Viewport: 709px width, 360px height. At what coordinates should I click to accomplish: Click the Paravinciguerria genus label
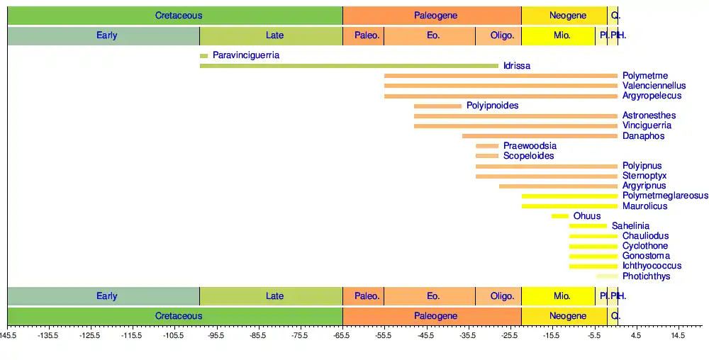245,55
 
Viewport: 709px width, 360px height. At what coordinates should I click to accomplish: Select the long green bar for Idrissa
349,66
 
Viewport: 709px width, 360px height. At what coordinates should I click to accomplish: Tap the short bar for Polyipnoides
437,106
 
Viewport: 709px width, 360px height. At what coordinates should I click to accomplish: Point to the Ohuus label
587,216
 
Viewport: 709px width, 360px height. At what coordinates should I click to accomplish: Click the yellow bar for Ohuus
560,216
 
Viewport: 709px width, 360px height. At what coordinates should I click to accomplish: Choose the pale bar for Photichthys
607,276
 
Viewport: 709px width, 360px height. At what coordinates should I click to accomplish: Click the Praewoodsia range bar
487,146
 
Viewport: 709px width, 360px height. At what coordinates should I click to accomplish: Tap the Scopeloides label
528,156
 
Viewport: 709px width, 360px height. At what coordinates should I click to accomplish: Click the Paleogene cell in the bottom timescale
432,315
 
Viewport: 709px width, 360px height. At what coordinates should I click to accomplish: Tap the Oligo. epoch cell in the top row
498,35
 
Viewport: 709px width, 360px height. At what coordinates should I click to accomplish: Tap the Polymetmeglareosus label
664,196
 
